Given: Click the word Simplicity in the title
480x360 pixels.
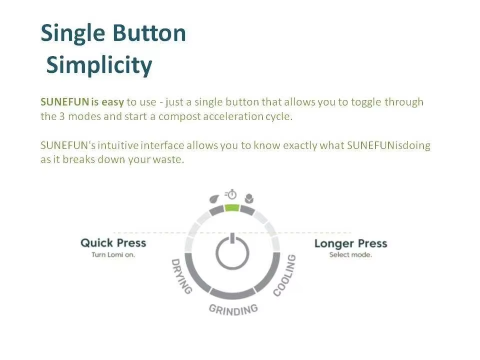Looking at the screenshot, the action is (x=99, y=65).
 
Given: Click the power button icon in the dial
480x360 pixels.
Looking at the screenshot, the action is (x=232, y=251).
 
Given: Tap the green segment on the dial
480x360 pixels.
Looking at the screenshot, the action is (x=231, y=208).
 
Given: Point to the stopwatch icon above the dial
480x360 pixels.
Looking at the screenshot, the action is (x=231, y=194).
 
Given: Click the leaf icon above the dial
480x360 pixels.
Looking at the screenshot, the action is (x=214, y=199).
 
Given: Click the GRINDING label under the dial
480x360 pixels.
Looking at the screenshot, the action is (x=233, y=310).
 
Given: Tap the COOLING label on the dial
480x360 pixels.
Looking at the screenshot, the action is (x=284, y=275).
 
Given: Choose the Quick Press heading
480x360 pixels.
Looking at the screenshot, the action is (x=113, y=243).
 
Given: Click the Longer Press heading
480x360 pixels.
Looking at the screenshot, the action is (x=351, y=243).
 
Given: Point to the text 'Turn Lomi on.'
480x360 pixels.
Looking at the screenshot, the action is (x=113, y=254).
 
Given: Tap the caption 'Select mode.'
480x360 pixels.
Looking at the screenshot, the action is (x=351, y=254).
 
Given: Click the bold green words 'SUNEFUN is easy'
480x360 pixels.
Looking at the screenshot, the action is (x=82, y=102).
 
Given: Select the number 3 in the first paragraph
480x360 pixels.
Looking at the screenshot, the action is (x=62, y=116).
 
